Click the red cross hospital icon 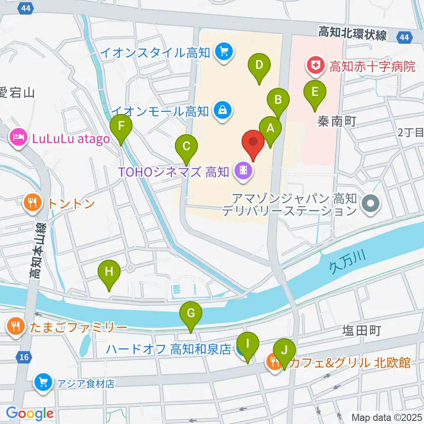click(x=315, y=67)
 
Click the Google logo click(x=30, y=414)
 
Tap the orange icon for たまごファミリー click(x=15, y=327)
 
